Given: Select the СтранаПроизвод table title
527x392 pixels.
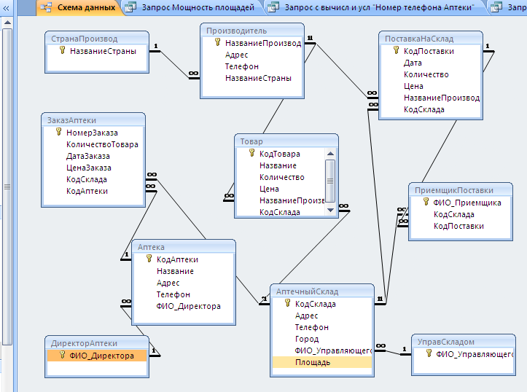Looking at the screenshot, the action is point(85,39).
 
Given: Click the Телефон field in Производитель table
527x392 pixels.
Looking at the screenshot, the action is point(242,66).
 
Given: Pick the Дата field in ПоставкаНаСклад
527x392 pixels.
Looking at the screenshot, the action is point(413,63).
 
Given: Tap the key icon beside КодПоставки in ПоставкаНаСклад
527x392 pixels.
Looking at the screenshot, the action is point(397,51).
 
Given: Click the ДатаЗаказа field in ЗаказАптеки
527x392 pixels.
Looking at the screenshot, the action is point(88,156).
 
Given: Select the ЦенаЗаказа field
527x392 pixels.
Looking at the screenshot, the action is point(89,168).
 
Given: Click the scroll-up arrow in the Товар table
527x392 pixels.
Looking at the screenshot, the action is point(330,154).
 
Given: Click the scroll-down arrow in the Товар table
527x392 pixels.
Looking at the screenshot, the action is point(330,211).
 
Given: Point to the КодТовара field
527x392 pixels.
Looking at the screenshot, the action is point(280,154).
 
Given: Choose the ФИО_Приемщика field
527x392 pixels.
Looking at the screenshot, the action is point(467,203).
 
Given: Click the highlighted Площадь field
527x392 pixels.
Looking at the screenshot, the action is point(313,362).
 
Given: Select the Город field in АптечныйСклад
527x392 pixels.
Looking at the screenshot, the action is point(307,339).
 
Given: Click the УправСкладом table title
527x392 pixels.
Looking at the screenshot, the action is point(445,342).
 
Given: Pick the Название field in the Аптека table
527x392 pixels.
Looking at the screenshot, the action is point(175,271).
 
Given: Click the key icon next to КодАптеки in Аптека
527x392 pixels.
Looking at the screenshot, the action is point(149,259).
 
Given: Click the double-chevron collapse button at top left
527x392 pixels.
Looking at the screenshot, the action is point(7,8).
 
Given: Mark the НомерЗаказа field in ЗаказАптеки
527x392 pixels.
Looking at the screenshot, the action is point(92,133).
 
